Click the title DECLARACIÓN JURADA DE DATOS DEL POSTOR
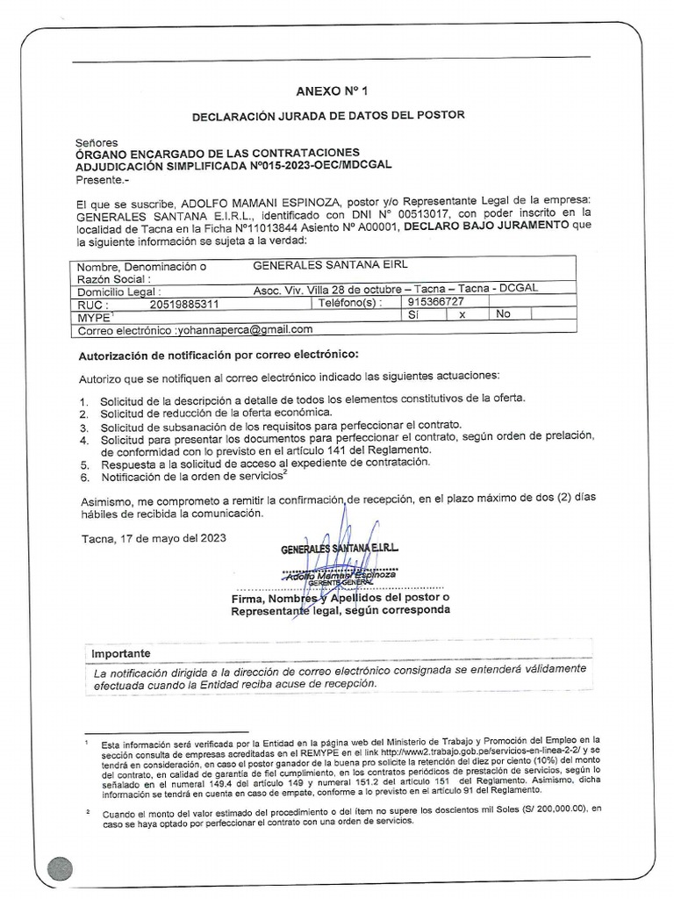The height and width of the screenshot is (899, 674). click(328, 115)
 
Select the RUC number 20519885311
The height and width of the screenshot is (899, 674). click(184, 305)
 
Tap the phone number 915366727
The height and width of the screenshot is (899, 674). click(435, 300)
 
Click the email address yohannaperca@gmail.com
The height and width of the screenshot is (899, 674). click(245, 329)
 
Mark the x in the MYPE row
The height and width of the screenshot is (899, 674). click(461, 314)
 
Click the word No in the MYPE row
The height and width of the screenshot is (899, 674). click(503, 313)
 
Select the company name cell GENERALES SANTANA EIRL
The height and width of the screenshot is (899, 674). click(330, 264)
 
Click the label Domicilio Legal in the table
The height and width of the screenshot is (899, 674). click(119, 291)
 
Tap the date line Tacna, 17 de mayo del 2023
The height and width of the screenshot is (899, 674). click(154, 538)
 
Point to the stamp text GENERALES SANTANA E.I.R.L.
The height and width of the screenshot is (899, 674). click(339, 549)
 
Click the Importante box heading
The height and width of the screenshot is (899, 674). click(121, 654)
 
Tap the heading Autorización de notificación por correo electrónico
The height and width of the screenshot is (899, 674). click(219, 354)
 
